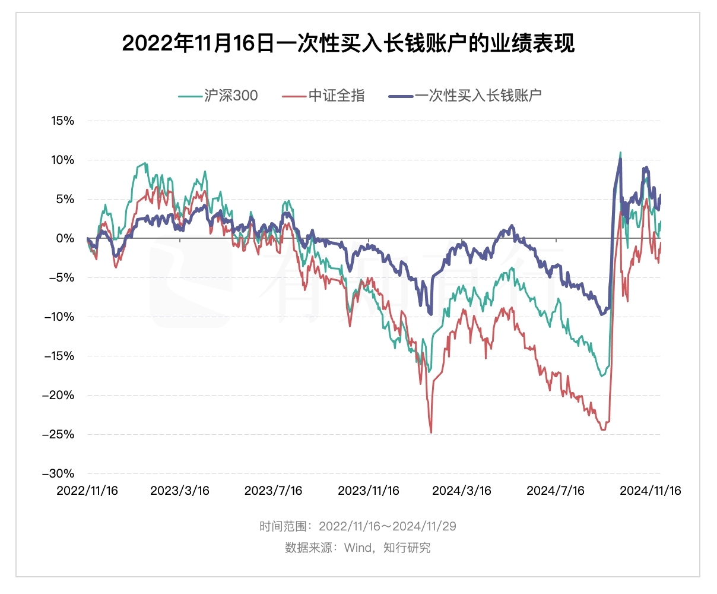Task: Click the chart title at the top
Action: point(348,43)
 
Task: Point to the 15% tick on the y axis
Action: point(62,121)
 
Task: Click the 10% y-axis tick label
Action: point(62,160)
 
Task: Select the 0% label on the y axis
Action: point(65,239)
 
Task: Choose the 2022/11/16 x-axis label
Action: point(87,491)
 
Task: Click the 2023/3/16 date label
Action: point(180,491)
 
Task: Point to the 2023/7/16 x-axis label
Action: point(274,491)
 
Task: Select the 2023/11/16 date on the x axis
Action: point(369,491)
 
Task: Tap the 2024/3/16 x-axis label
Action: point(462,491)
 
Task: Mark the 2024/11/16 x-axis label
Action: point(651,491)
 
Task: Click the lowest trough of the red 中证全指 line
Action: point(431,432)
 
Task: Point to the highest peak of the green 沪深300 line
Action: point(620,153)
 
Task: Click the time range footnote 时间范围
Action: point(358,526)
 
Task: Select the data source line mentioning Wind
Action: point(358,548)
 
